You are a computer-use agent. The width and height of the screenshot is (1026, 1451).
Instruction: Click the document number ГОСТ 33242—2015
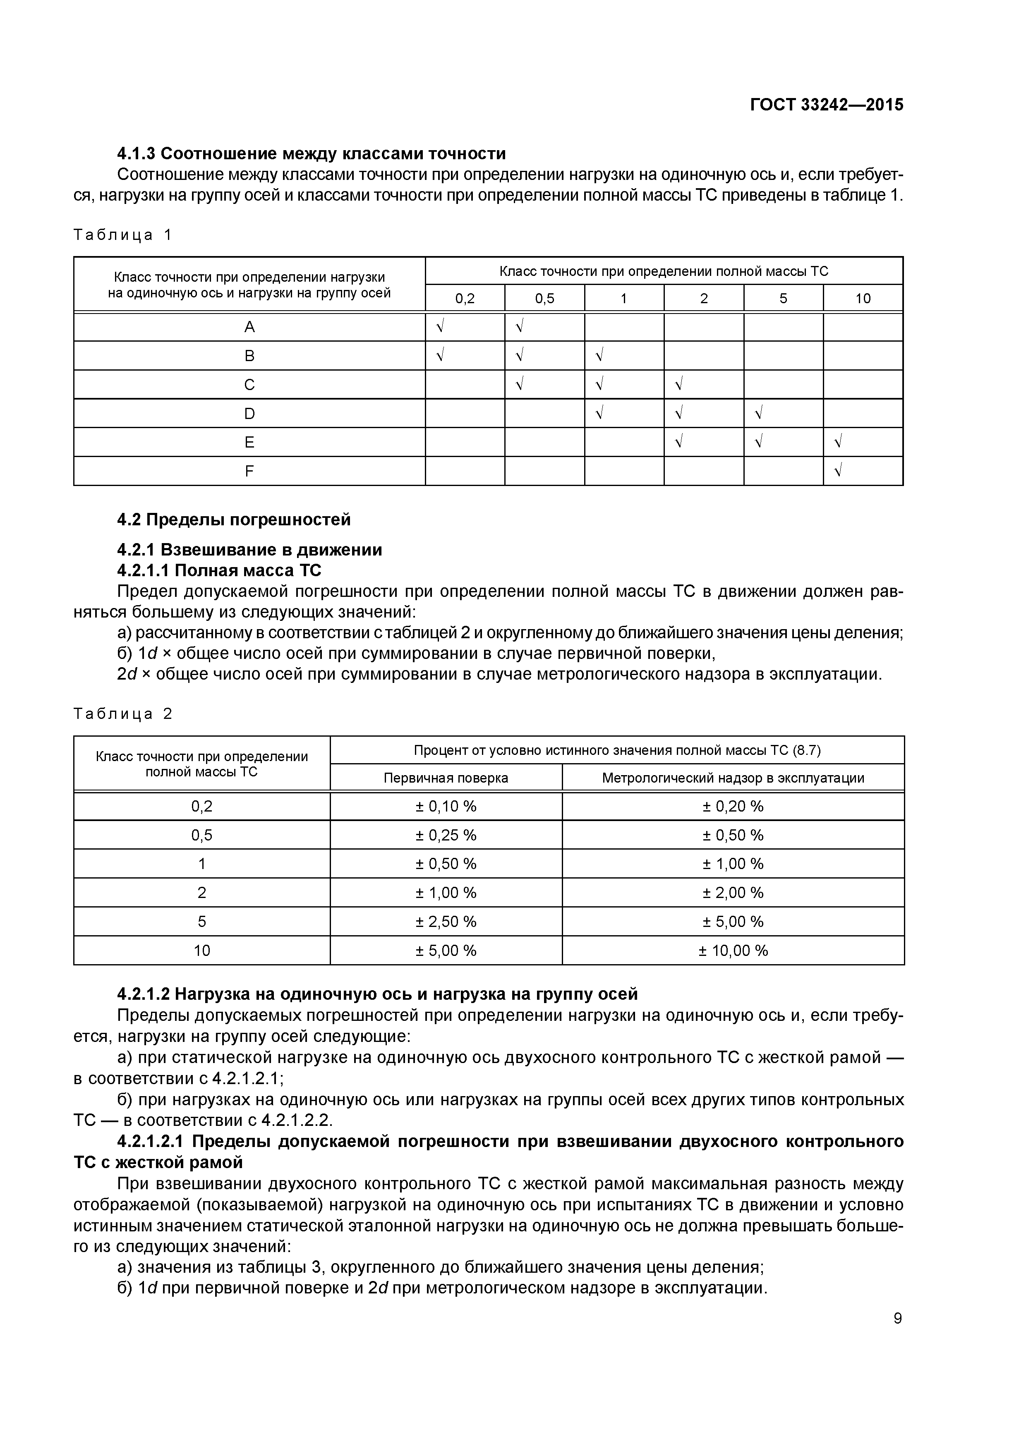coord(826,105)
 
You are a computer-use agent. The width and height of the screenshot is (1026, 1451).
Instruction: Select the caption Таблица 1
coord(122,235)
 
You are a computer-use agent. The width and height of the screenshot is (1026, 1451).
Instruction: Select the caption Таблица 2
coord(122,714)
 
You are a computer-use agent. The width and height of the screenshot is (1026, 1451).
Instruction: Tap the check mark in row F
coord(838,471)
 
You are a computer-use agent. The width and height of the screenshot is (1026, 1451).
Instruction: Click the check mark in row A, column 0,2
coord(440,327)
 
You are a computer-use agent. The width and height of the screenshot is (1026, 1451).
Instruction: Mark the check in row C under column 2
coord(679,384)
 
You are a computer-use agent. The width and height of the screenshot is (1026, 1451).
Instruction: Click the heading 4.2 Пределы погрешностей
coord(234,520)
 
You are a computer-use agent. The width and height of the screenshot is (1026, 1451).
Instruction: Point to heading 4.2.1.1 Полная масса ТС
coord(219,571)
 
